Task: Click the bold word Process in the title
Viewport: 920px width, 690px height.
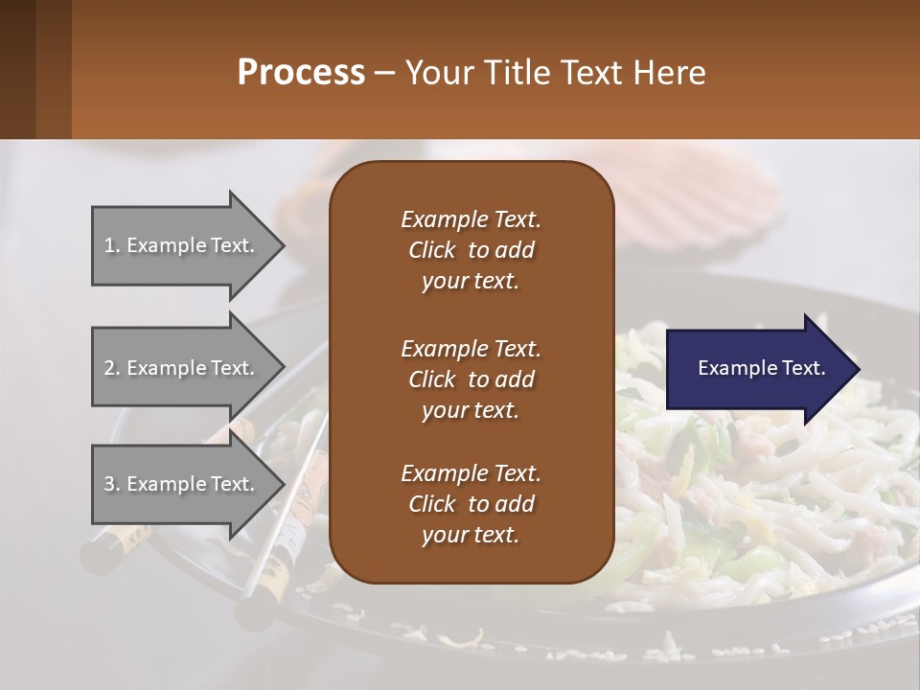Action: (x=301, y=72)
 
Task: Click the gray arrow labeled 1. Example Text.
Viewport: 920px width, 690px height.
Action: (x=182, y=245)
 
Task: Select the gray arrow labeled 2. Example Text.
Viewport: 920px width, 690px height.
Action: (x=182, y=368)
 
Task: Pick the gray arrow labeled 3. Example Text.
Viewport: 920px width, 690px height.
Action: (x=182, y=484)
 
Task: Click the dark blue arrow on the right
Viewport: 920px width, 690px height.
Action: (x=757, y=368)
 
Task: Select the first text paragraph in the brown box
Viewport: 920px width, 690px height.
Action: (x=471, y=250)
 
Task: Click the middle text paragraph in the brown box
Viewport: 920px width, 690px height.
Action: (x=471, y=379)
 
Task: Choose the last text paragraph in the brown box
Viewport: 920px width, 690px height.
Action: (x=471, y=504)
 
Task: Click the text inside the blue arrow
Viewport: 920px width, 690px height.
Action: (x=761, y=368)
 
